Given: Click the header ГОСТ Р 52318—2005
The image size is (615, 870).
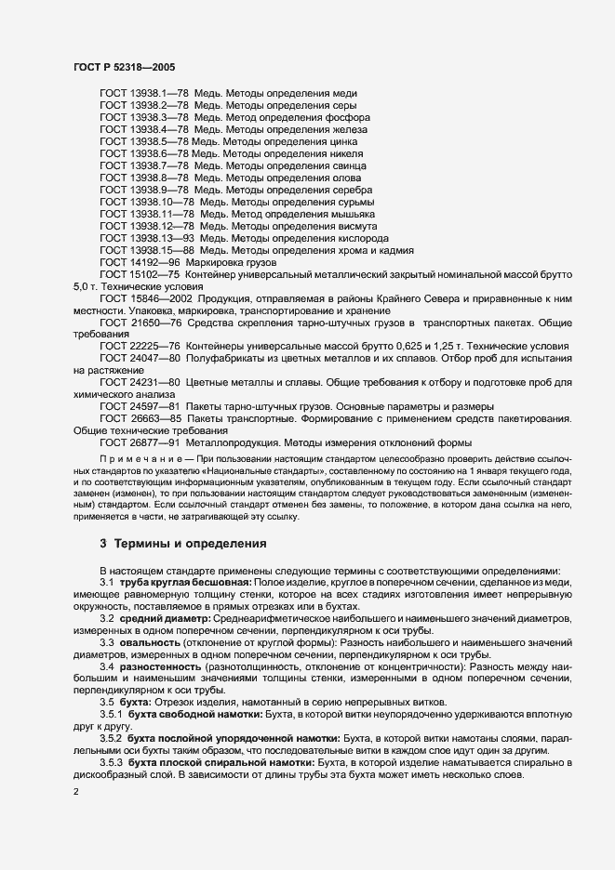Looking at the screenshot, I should (x=123, y=66).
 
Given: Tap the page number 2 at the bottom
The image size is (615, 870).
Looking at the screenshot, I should (x=75, y=791).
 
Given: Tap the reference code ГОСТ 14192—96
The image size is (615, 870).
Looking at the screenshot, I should (x=140, y=262).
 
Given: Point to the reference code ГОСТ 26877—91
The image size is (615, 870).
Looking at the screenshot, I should (x=140, y=443).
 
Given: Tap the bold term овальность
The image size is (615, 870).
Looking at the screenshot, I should (x=149, y=642).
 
